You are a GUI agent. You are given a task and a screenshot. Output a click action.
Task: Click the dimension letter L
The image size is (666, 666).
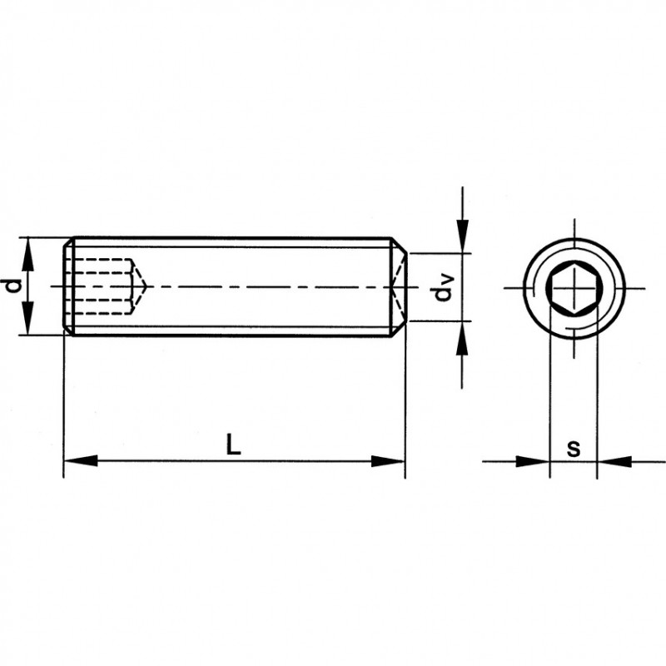[x=233, y=444]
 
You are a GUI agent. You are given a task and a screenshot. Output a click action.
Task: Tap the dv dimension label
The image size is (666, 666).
[x=443, y=288]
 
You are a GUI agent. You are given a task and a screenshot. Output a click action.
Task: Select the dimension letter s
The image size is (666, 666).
[x=574, y=448]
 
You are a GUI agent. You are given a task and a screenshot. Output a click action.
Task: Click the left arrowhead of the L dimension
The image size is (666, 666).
[x=81, y=461]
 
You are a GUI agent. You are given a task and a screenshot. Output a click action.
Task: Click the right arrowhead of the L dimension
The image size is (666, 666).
[x=388, y=461]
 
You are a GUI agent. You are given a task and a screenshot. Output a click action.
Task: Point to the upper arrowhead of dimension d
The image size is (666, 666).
[x=27, y=254]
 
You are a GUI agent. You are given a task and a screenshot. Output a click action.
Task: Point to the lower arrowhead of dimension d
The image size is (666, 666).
[x=27, y=318]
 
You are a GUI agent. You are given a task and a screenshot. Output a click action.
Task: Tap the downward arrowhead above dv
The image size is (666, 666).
[x=462, y=236]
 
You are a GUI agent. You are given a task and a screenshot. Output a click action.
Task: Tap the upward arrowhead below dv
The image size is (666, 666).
[x=462, y=338]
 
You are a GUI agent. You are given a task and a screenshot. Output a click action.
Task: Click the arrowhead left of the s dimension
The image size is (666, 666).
[x=533, y=461]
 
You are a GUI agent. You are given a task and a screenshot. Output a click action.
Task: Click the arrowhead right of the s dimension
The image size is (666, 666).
[x=614, y=461]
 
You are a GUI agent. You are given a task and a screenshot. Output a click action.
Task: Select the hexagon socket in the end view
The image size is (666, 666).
[x=574, y=289]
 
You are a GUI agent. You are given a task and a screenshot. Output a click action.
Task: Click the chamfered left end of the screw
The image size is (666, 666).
[x=68, y=286]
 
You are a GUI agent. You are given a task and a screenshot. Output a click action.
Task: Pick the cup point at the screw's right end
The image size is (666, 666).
[x=399, y=286]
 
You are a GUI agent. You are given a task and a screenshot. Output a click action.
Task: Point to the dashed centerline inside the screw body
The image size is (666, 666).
[x=230, y=287]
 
